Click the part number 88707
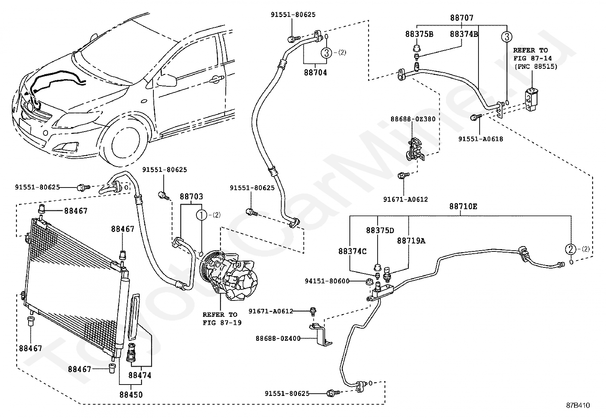(x=462, y=17)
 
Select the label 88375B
(x=419, y=34)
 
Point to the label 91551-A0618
(x=480, y=139)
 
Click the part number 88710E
(x=463, y=207)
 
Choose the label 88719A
(x=411, y=241)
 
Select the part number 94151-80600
(x=327, y=281)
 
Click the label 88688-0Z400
(x=278, y=338)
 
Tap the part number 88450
(x=130, y=395)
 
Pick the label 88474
(x=140, y=375)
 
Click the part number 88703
(x=191, y=197)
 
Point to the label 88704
(x=315, y=72)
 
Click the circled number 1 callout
(x=201, y=215)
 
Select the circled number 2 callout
(x=570, y=249)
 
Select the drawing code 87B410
(x=577, y=405)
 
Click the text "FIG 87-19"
(x=222, y=323)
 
